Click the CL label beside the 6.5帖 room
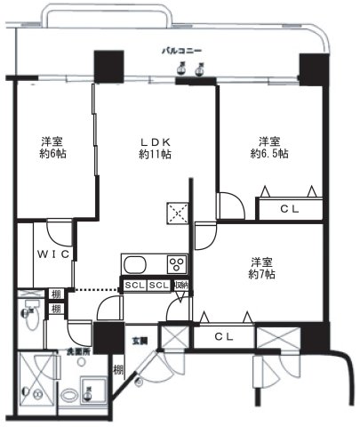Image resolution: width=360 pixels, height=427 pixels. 290,210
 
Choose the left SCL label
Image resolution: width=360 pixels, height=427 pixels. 135,285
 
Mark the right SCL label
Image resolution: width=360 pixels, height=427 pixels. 158,285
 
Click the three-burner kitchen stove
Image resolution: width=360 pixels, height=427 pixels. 176,265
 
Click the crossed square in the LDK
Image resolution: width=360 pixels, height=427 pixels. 173,211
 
